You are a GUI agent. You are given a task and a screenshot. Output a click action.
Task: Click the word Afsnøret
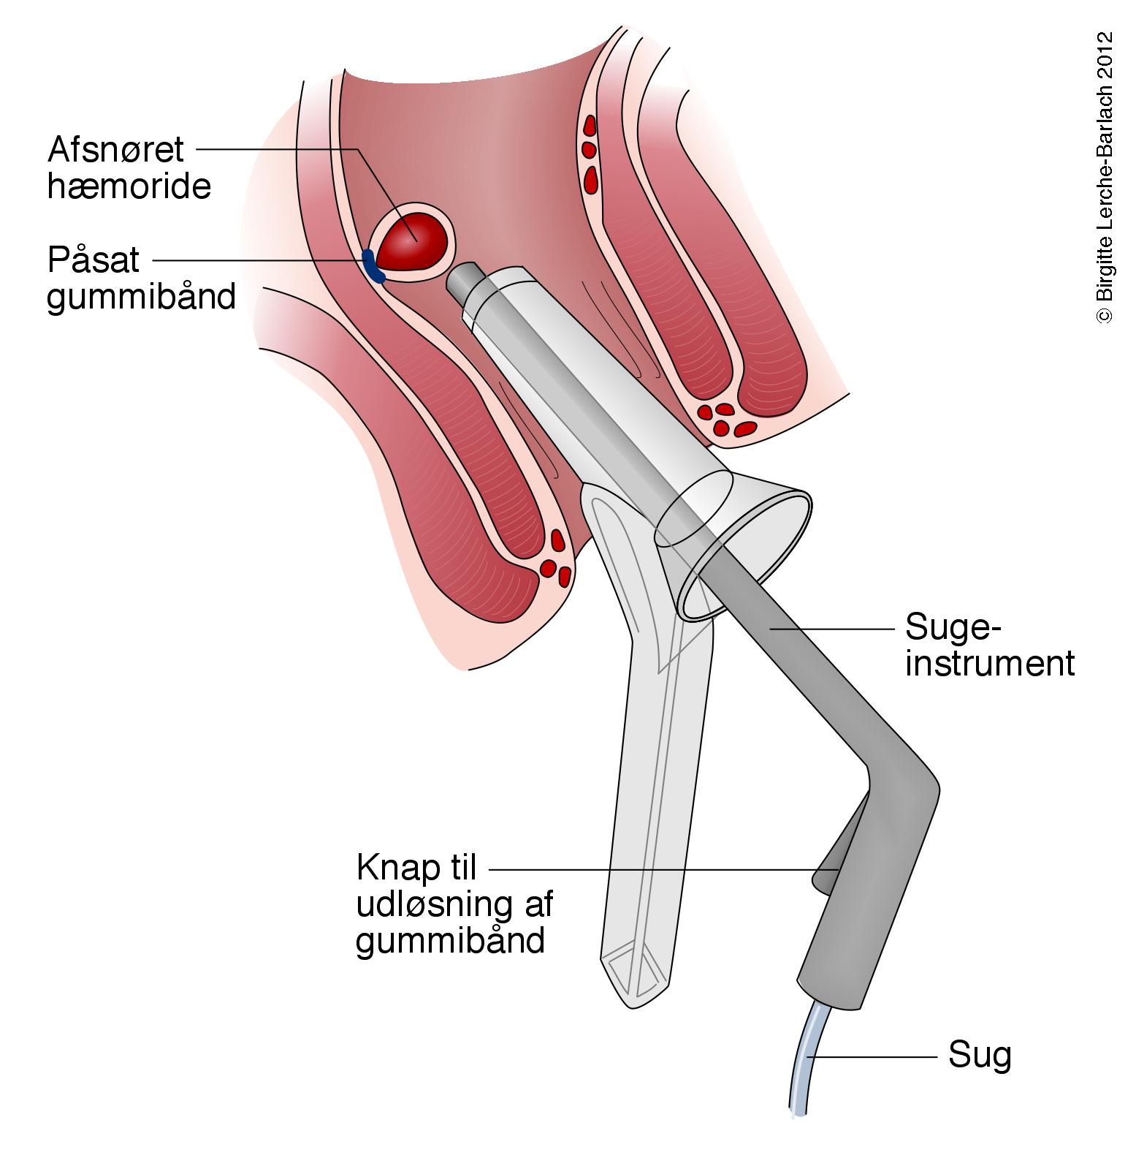coord(115,150)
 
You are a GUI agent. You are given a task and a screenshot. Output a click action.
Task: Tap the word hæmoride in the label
coord(129,187)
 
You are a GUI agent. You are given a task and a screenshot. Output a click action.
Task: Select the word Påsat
coord(94,260)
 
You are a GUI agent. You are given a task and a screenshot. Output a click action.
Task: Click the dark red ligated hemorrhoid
coord(413,243)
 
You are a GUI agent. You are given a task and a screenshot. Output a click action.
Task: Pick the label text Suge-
coord(951,627)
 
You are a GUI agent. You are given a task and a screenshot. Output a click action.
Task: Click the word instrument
coord(990,664)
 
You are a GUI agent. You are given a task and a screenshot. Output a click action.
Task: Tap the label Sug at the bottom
coord(980,1056)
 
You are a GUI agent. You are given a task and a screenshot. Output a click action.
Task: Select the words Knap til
coord(416,868)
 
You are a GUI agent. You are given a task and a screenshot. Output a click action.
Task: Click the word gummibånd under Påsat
coord(142,297)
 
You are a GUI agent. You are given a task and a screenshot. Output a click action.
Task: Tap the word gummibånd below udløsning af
coord(451,940)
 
